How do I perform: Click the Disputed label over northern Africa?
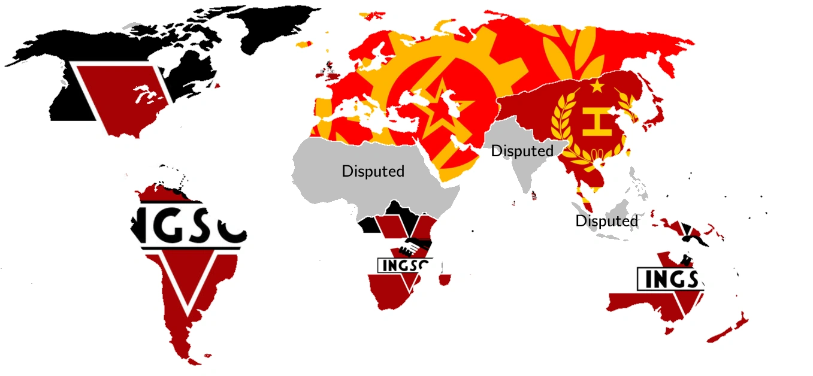coord(373,171)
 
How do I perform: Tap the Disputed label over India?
coord(522,151)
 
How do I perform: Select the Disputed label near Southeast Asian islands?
coord(606,221)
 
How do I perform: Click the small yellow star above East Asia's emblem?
coord(597,87)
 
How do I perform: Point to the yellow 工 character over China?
coord(597,122)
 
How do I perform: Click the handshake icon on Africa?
coord(416,245)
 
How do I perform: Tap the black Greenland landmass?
coord(276,24)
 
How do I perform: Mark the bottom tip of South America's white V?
coord(188,314)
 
